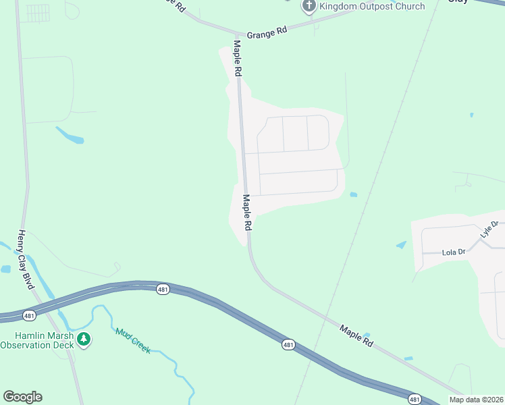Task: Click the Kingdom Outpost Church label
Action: click(372, 7)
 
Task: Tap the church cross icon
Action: click(309, 7)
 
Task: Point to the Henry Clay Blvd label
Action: click(26, 260)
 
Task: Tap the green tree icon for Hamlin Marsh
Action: click(84, 339)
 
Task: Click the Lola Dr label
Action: click(454, 252)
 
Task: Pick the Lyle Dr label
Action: click(489, 229)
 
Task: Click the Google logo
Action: click(22, 397)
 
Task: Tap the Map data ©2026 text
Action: click(475, 400)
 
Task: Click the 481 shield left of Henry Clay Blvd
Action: click(28, 315)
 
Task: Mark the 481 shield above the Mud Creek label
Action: click(162, 289)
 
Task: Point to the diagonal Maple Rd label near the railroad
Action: click(356, 335)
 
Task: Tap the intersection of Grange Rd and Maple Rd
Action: click(236, 34)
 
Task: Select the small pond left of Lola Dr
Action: click(401, 245)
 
